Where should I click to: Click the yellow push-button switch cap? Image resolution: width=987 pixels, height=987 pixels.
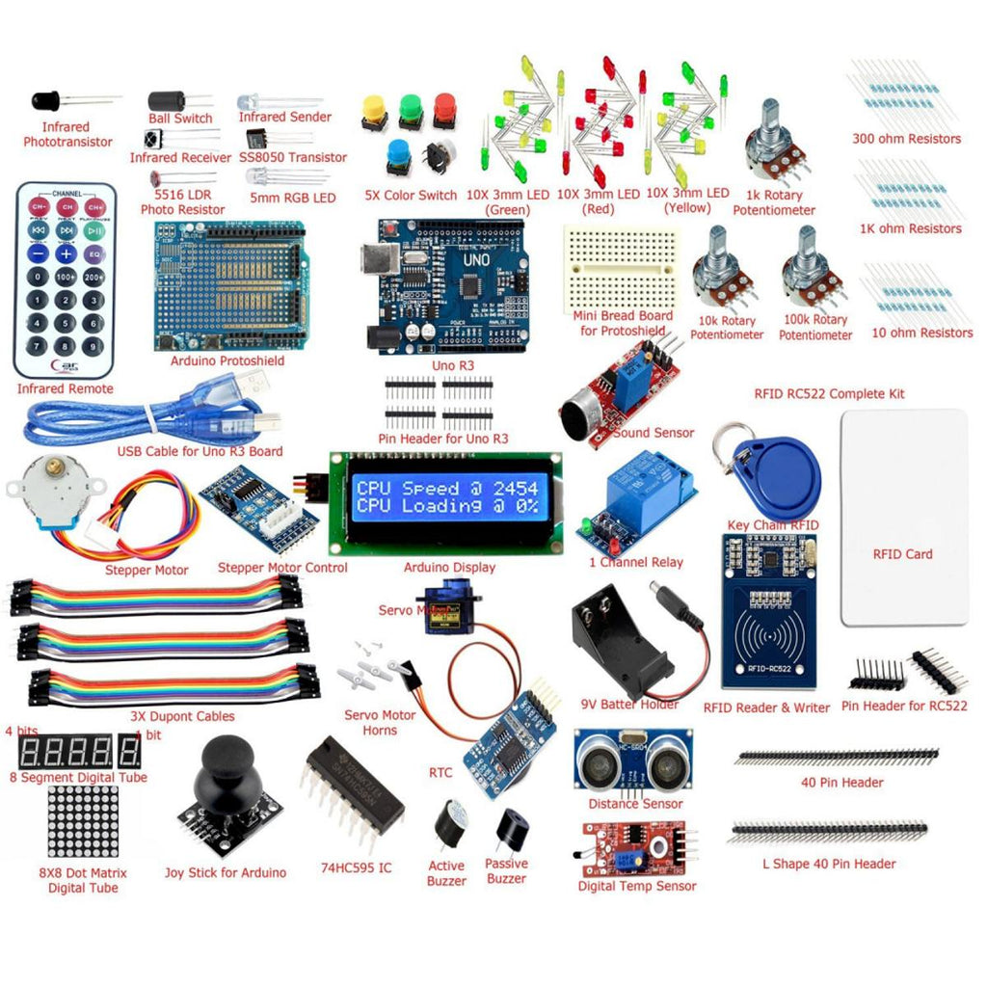(374, 108)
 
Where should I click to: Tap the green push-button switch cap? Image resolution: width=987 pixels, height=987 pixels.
(410, 108)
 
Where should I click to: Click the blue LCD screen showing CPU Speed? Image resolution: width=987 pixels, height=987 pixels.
(446, 496)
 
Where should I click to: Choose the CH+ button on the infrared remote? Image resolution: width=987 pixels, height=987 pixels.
(94, 206)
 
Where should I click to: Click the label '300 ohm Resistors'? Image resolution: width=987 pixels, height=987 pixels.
(906, 139)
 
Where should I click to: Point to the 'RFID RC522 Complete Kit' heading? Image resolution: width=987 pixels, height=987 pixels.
(829, 393)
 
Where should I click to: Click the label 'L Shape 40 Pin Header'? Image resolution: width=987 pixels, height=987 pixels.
(834, 864)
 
